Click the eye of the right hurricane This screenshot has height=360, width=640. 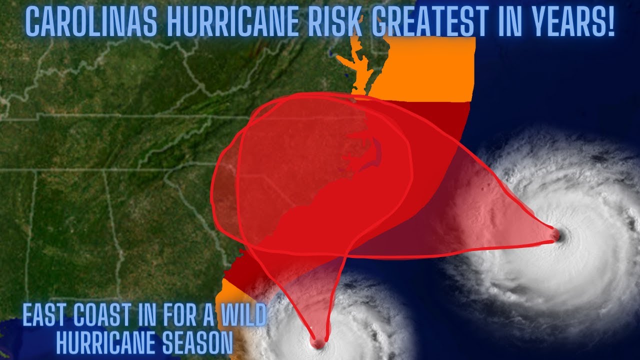click(555, 234)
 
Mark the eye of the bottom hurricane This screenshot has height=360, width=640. click(318, 343)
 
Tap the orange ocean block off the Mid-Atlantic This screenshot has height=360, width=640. click(430, 70)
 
